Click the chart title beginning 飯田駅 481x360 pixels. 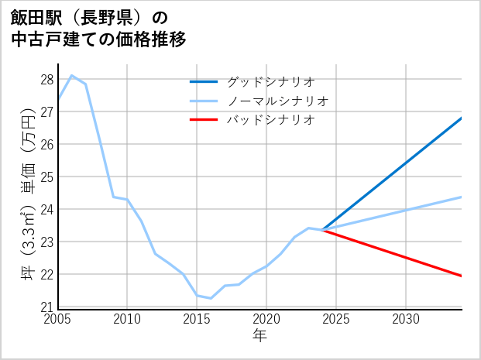(x=98, y=28)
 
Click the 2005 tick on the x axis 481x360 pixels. (x=58, y=319)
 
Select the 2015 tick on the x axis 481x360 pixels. (x=197, y=319)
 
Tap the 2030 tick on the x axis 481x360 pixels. (x=406, y=319)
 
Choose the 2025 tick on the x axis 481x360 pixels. (x=336, y=319)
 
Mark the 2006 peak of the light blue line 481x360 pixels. (x=72, y=75)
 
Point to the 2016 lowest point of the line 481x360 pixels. (x=211, y=298)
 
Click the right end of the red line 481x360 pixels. (x=462, y=276)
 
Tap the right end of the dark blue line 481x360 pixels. (x=462, y=118)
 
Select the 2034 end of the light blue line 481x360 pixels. (x=462, y=197)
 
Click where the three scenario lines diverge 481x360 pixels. (x=322, y=230)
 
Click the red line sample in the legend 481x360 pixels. (x=204, y=120)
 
